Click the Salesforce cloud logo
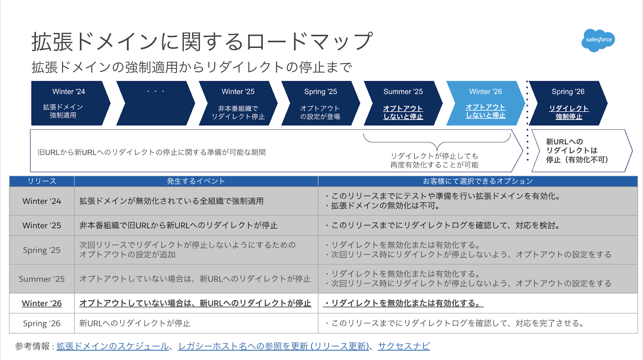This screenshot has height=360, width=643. coord(598,40)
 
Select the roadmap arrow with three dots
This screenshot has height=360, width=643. coord(155,103)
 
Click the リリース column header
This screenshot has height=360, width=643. coord(42,181)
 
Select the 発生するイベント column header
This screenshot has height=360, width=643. coord(196,181)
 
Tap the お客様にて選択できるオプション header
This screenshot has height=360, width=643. coord(477,181)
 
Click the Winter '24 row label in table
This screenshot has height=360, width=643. coord(42,201)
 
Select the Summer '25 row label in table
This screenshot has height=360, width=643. coord(42,279)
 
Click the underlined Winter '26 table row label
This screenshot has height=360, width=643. coord(42,303)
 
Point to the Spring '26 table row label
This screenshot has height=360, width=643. coord(42,323)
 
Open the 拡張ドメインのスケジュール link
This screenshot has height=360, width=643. coord(113,346)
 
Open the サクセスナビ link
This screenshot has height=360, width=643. coord(403,346)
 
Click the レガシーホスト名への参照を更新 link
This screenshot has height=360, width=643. coord(273,346)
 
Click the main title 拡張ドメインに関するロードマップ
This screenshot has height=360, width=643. coord(202,41)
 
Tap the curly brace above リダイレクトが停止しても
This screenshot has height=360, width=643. coord(437,141)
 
